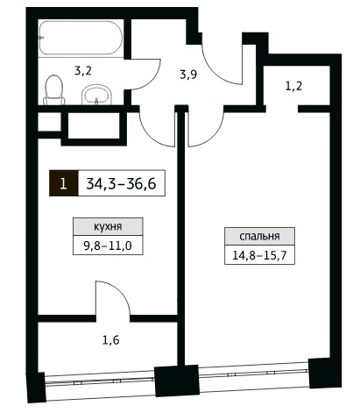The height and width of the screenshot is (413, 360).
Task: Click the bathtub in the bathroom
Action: tap(81, 37)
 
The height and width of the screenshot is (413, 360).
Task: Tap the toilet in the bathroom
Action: tap(54, 90)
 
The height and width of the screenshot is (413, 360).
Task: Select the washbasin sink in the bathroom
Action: tap(96, 95)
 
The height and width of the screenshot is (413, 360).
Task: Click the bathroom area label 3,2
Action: tap(83, 71)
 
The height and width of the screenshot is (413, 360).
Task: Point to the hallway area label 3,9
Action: tap(188, 75)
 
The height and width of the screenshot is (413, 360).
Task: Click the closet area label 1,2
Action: tap(293, 87)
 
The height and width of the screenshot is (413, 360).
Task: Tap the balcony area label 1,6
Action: tap(111, 340)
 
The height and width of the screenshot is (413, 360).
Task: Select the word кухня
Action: tap(108, 226)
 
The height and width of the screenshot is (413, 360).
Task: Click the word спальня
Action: tap(259, 236)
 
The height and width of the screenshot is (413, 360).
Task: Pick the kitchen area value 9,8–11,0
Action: tap(108, 246)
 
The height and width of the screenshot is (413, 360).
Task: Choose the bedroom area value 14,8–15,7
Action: tap(259, 255)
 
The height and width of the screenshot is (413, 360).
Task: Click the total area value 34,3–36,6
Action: tap(121, 184)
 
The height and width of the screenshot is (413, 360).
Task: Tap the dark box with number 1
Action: tap(64, 183)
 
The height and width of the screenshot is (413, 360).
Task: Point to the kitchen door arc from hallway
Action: tap(149, 134)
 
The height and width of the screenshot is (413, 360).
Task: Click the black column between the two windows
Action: tap(177, 381)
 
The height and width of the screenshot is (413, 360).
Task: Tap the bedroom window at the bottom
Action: tap(253, 374)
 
